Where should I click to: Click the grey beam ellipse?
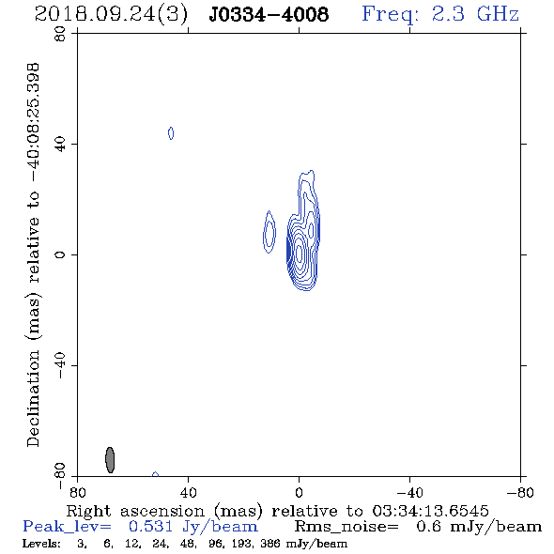click(x=110, y=460)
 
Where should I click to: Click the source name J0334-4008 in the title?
click(x=269, y=15)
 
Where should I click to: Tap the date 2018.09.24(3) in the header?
click(x=111, y=15)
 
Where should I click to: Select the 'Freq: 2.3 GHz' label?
click(x=440, y=14)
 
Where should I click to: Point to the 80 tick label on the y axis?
click(x=60, y=34)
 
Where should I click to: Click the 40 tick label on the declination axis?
click(x=60, y=145)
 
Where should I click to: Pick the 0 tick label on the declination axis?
click(x=60, y=254)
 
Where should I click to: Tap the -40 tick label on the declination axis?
click(x=60, y=365)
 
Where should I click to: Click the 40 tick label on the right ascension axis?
click(x=188, y=493)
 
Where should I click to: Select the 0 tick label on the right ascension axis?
click(x=299, y=493)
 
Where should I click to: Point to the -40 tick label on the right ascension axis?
click(x=409, y=493)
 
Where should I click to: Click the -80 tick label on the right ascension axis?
click(x=520, y=493)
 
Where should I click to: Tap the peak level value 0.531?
click(x=150, y=527)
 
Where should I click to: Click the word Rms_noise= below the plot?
click(x=346, y=527)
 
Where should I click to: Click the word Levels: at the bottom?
click(x=41, y=543)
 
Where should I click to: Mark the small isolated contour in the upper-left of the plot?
click(x=171, y=133)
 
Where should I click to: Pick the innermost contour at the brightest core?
click(x=300, y=254)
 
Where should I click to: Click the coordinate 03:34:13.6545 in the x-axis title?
click(x=430, y=511)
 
